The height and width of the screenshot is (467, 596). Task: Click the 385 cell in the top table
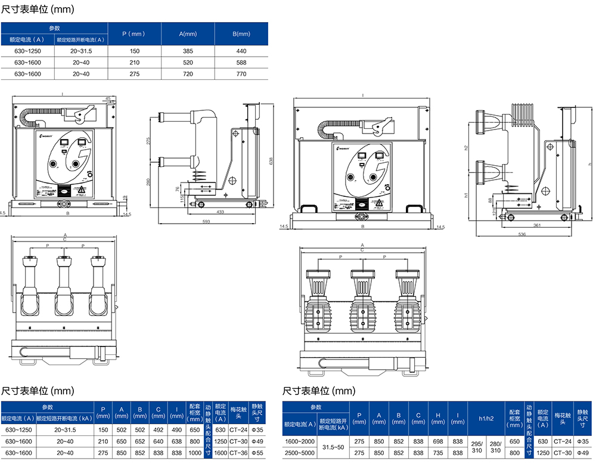click(188, 51)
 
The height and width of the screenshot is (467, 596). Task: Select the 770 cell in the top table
click(241, 74)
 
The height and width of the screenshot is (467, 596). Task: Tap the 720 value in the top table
click(188, 74)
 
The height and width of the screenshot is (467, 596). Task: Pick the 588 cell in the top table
click(241, 63)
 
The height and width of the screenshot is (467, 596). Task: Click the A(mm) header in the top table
click(188, 34)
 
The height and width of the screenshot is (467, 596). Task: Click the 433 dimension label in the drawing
click(220, 212)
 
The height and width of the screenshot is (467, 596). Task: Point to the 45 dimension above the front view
click(108, 98)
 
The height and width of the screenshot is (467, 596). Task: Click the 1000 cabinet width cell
click(195, 453)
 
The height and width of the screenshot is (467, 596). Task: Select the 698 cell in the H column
click(437, 441)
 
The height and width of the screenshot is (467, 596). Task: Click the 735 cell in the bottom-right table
click(437, 453)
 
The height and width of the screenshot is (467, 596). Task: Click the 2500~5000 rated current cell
click(299, 453)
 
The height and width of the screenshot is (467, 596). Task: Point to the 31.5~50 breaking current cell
click(333, 447)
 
